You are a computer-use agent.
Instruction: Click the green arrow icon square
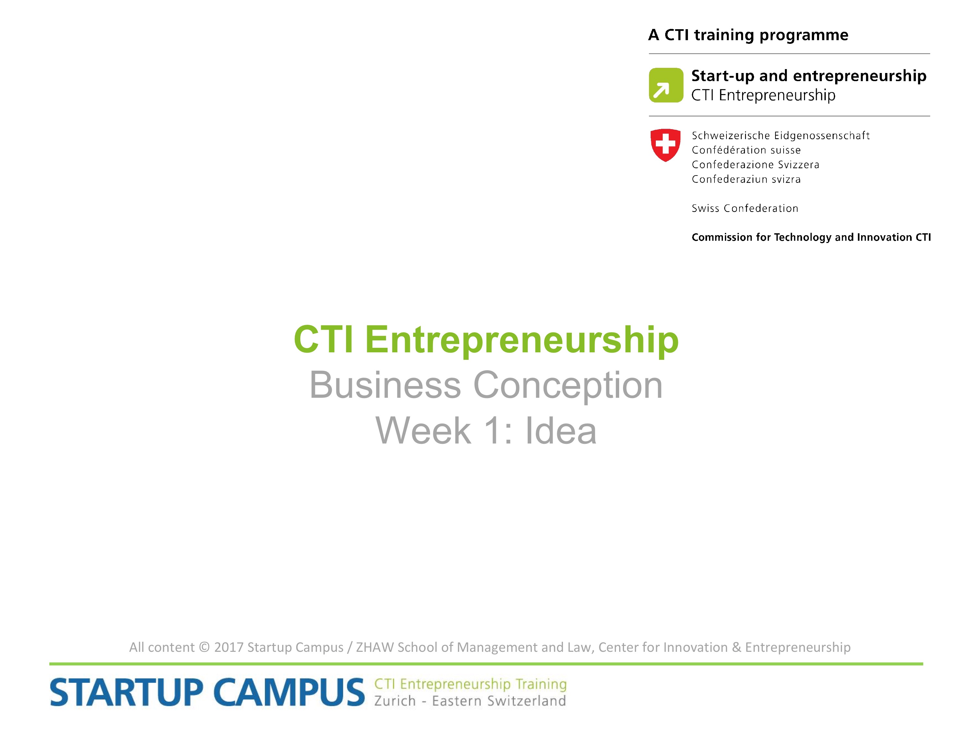(666, 85)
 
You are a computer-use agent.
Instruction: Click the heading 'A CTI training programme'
(748, 35)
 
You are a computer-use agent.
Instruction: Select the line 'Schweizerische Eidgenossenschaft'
(780, 136)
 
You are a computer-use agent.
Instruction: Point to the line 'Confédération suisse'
(746, 150)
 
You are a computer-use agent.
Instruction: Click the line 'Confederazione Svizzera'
(755, 164)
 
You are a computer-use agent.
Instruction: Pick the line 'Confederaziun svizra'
(746, 179)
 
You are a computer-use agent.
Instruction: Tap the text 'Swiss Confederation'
(745, 208)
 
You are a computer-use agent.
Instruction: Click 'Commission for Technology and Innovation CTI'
(811, 237)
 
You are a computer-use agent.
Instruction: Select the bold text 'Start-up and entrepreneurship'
(809, 76)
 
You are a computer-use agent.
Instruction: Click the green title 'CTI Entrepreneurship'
(486, 340)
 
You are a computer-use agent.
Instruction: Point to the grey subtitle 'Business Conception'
(486, 385)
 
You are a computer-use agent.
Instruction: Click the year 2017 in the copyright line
(229, 647)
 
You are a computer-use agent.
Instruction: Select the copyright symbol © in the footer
(204, 647)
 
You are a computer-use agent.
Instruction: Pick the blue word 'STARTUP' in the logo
(126, 693)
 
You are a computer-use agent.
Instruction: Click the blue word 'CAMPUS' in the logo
(289, 693)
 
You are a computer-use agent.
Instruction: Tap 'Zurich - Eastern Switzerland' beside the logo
(470, 701)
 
